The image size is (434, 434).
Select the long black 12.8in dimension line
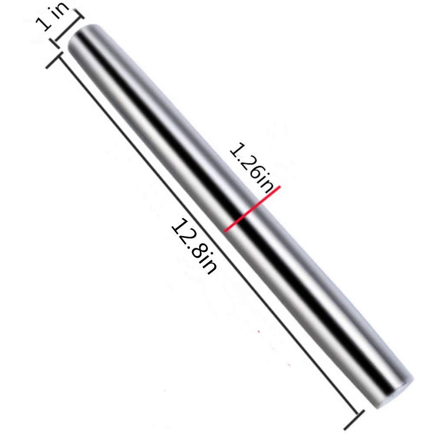[x=204, y=237]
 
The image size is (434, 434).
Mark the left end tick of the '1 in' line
[x=56, y=41]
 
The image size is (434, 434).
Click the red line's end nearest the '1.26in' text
[x=279, y=187]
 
